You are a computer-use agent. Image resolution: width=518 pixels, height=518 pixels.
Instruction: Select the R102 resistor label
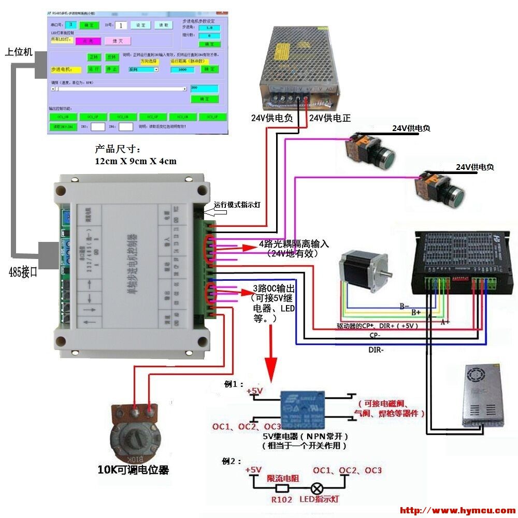(x=281, y=499)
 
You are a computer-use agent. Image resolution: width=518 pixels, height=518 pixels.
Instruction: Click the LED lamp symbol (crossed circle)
(x=316, y=488)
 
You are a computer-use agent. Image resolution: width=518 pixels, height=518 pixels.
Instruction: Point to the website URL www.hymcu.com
(x=458, y=511)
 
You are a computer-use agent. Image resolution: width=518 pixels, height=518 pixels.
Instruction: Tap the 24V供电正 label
(x=330, y=118)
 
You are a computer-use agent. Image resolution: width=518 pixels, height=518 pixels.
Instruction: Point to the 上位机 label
(x=19, y=52)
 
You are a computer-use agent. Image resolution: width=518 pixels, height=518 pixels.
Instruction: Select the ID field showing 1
(x=121, y=25)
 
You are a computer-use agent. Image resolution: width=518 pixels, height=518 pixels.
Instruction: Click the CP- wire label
(x=376, y=336)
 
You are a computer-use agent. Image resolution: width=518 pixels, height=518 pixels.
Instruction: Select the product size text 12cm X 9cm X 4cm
(x=135, y=161)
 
